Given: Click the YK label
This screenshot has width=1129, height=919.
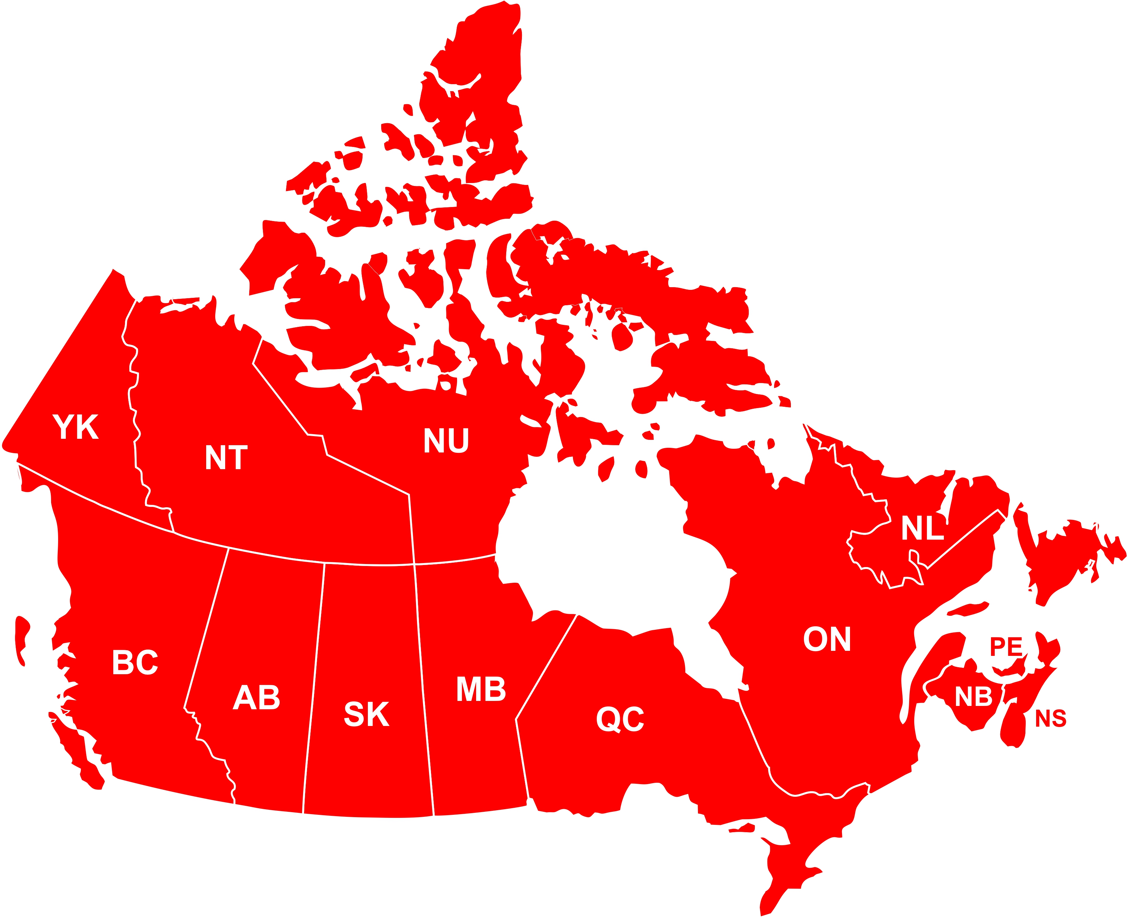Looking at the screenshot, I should click(x=76, y=427).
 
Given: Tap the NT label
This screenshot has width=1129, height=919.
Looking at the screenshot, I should click(x=226, y=458).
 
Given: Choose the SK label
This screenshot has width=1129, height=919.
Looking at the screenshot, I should click(x=367, y=714).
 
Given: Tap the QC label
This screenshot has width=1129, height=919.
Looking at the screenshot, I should click(x=620, y=719).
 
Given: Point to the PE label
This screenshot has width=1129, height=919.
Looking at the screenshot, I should click(x=1006, y=647).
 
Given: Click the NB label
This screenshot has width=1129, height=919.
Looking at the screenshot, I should click(x=973, y=697).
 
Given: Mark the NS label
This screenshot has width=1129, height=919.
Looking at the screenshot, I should click(x=1050, y=718).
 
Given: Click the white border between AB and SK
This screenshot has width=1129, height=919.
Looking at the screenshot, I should click(x=314, y=688).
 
